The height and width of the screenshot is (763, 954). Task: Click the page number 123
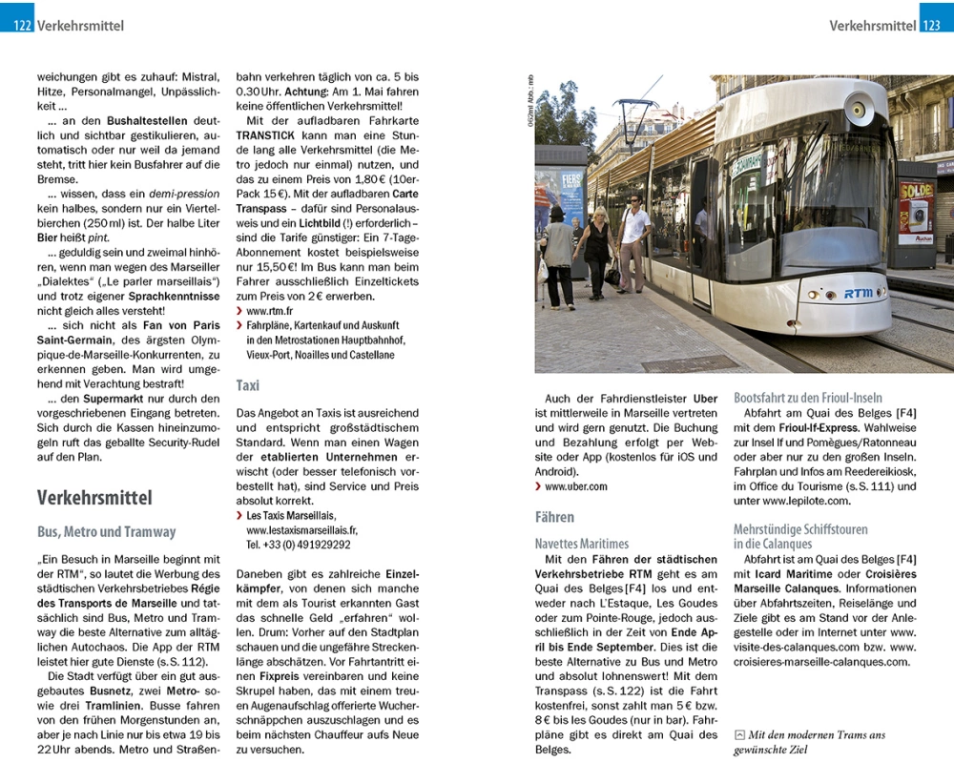tap(932, 26)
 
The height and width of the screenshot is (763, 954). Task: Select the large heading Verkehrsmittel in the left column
tap(94, 498)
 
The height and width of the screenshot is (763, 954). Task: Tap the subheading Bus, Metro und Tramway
tap(106, 531)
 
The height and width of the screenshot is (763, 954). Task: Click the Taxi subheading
tap(248, 385)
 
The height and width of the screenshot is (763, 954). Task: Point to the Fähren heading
tap(554, 517)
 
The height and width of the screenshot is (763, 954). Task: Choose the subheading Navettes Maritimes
tap(582, 543)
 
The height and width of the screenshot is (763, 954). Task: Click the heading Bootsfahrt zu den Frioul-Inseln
tap(808, 398)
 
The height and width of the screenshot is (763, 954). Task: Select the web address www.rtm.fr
tap(269, 311)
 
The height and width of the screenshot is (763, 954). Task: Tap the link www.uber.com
tap(575, 486)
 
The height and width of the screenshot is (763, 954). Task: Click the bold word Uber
tap(705, 398)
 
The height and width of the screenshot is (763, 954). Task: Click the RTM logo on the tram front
tap(858, 294)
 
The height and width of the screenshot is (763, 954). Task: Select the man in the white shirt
tap(633, 238)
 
